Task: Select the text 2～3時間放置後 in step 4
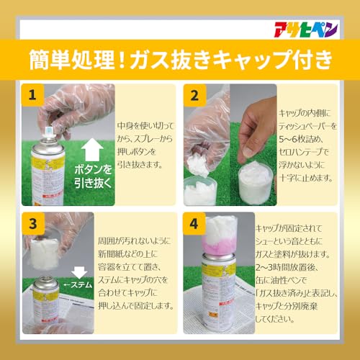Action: tap(288, 271)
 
